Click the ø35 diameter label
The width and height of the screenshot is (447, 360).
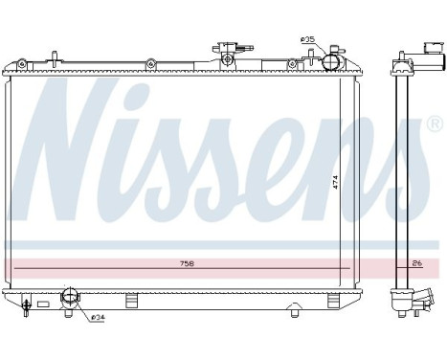click(x=307, y=39)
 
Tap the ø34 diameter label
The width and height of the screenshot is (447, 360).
click(x=99, y=318)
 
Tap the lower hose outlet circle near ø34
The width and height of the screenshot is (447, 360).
click(x=69, y=300)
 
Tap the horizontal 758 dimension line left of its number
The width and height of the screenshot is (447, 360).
click(x=96, y=268)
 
